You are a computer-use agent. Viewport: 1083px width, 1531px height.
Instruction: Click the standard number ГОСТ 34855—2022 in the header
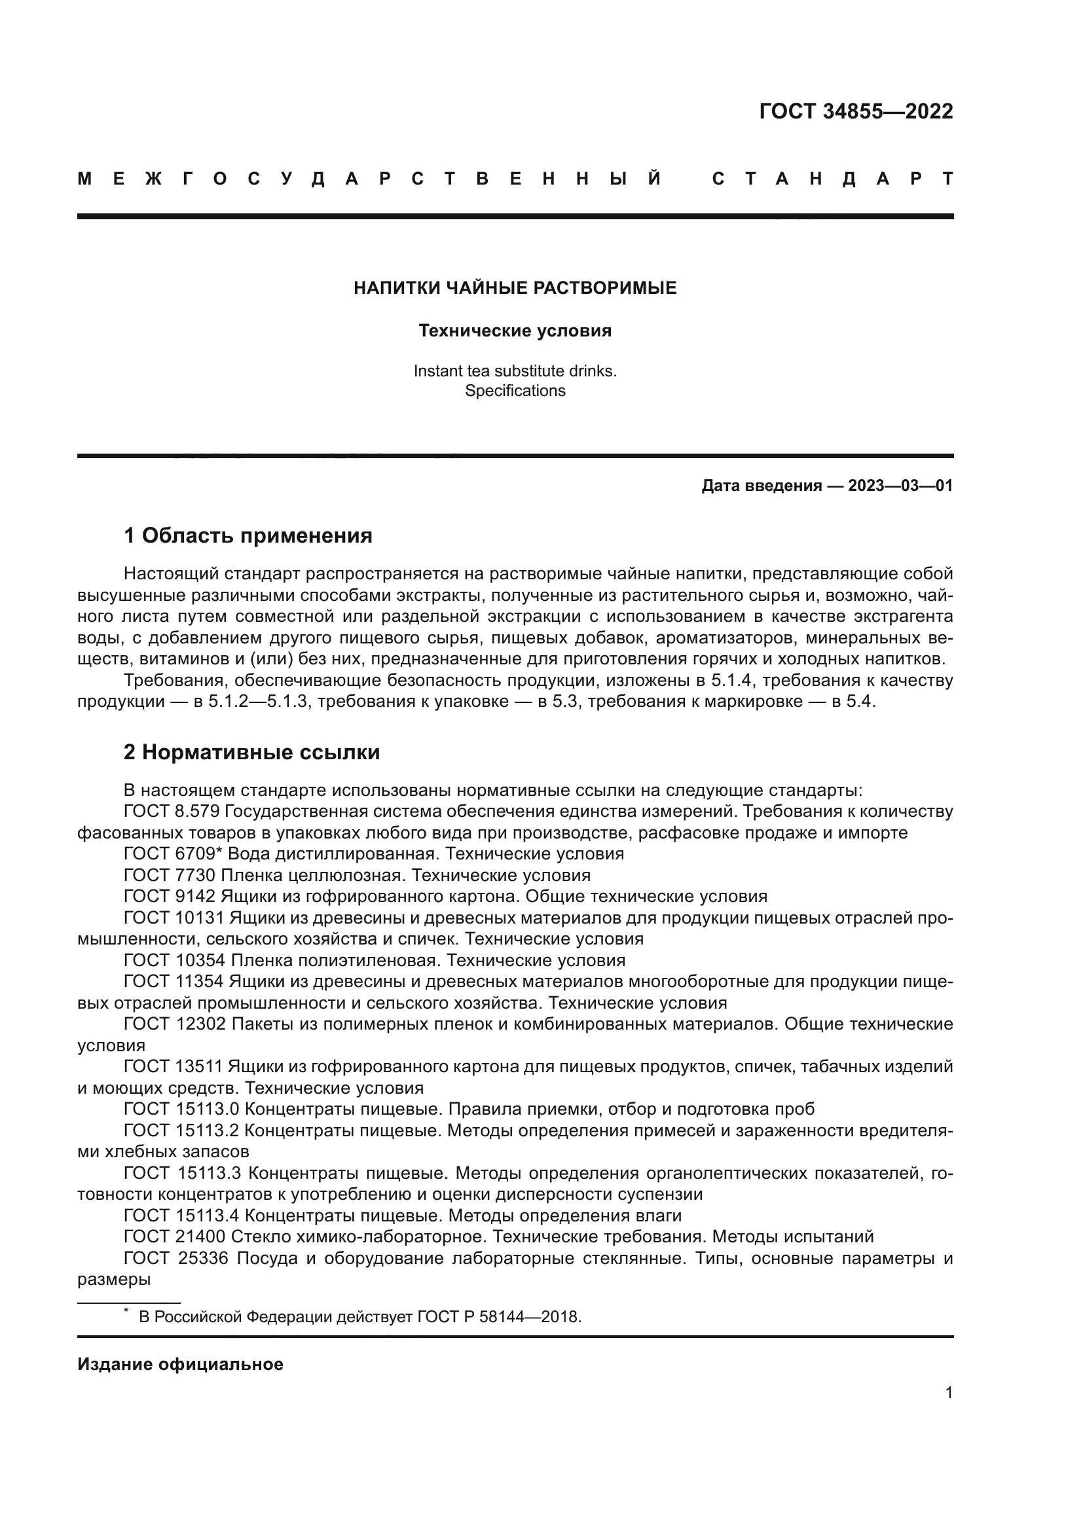[856, 111]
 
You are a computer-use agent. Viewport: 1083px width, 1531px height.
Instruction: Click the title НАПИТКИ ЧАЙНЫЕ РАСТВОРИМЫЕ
[515, 288]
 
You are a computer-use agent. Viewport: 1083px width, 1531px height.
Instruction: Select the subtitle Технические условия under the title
[515, 331]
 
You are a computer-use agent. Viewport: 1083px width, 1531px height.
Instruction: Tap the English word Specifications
[515, 391]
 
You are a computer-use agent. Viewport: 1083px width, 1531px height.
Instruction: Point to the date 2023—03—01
[900, 486]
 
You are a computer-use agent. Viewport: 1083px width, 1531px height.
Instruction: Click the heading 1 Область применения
[248, 535]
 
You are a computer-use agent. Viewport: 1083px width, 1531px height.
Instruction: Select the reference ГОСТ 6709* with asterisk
[173, 854]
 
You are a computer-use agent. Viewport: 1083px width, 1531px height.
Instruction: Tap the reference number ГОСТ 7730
[170, 875]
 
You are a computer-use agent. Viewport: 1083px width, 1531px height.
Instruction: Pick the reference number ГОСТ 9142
[170, 896]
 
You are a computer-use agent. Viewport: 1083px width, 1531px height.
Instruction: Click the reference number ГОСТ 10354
[175, 960]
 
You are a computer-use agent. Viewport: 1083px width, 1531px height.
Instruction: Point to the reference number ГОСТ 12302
[175, 1024]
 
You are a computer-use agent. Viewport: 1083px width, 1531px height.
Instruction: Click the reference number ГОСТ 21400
[175, 1236]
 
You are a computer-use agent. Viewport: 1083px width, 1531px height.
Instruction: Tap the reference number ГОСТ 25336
[175, 1258]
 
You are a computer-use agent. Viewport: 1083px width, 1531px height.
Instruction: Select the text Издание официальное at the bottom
[180, 1364]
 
